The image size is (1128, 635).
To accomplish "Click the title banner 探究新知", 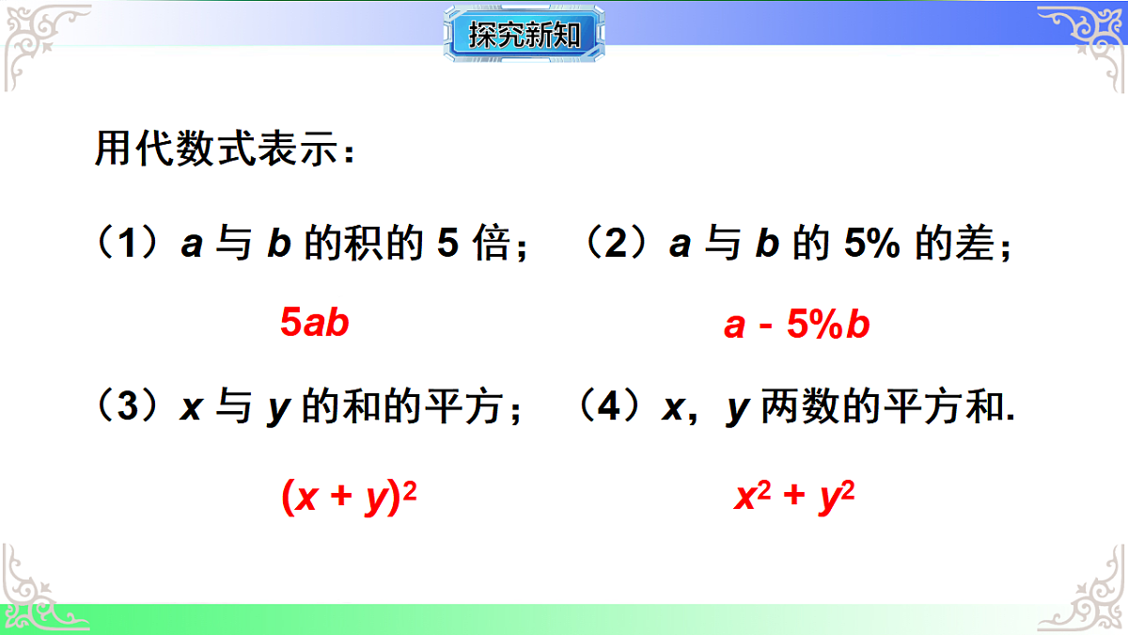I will point(524,35).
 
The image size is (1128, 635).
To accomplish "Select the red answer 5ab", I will point(315,323).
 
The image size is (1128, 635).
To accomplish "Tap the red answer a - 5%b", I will point(797,325).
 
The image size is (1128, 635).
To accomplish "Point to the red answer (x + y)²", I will point(349,498).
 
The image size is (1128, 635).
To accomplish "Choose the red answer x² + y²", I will point(794,498).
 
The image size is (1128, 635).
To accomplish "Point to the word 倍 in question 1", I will point(491,245).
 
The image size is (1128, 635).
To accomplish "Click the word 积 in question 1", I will point(362,245).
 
